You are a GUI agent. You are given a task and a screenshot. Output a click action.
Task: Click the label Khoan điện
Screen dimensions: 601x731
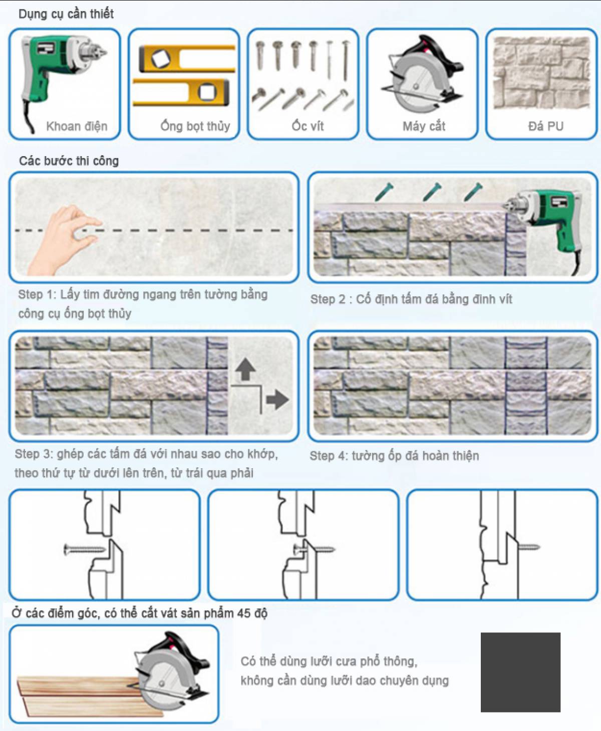[77, 126]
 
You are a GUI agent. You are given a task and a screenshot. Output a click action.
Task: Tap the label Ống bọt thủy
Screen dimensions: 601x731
[195, 126]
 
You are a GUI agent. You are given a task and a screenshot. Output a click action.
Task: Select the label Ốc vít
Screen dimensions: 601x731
[308, 126]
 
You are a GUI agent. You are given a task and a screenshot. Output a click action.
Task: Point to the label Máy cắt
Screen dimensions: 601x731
[424, 126]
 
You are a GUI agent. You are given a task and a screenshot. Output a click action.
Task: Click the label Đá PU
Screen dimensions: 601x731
[546, 126]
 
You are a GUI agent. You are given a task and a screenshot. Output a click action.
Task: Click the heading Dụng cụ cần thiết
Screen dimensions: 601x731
[66, 14]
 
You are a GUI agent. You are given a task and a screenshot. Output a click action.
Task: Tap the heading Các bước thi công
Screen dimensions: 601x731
[69, 161]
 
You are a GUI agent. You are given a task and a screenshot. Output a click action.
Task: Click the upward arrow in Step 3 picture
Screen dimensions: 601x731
[246, 369]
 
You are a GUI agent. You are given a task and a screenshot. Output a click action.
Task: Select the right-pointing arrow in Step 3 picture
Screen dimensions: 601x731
[277, 400]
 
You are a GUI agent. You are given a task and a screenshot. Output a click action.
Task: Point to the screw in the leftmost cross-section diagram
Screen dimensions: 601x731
[84, 549]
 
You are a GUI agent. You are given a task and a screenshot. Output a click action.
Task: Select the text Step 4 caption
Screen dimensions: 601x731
[394, 455]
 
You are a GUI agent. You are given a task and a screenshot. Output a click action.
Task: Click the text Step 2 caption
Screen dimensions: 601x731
[411, 299]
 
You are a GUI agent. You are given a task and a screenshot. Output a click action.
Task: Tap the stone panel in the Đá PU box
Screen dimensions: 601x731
[541, 73]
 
